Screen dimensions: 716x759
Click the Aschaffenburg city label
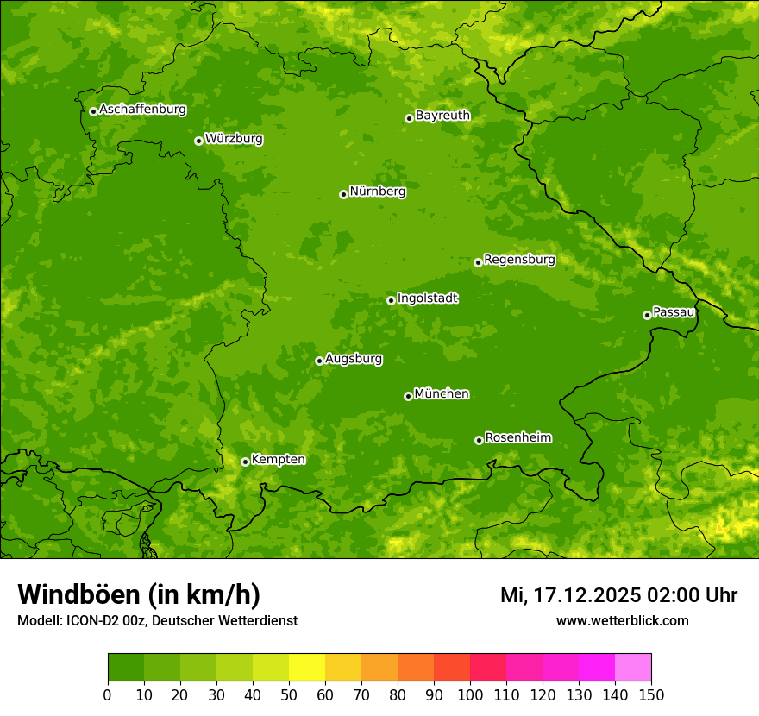click(x=142, y=110)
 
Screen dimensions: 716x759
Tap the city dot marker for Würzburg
click(x=198, y=141)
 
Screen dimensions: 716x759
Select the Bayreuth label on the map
click(x=442, y=116)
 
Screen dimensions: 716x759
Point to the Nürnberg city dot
click(x=343, y=194)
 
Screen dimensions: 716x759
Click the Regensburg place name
click(x=519, y=260)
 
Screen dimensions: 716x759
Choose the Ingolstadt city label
click(x=427, y=298)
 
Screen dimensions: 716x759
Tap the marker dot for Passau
click(x=647, y=315)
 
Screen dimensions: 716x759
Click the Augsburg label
click(x=354, y=359)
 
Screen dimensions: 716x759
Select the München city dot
click(x=408, y=396)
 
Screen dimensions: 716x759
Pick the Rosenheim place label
click(x=517, y=438)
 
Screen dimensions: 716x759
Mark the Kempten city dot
click(x=245, y=462)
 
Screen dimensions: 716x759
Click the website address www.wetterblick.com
click(x=622, y=620)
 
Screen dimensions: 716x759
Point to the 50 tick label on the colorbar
click(x=288, y=695)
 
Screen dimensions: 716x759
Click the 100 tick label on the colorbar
click(x=469, y=695)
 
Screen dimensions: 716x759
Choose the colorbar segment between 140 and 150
click(x=633, y=668)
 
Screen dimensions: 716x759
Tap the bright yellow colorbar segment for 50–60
click(x=307, y=668)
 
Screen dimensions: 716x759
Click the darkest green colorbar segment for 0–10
click(x=126, y=668)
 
